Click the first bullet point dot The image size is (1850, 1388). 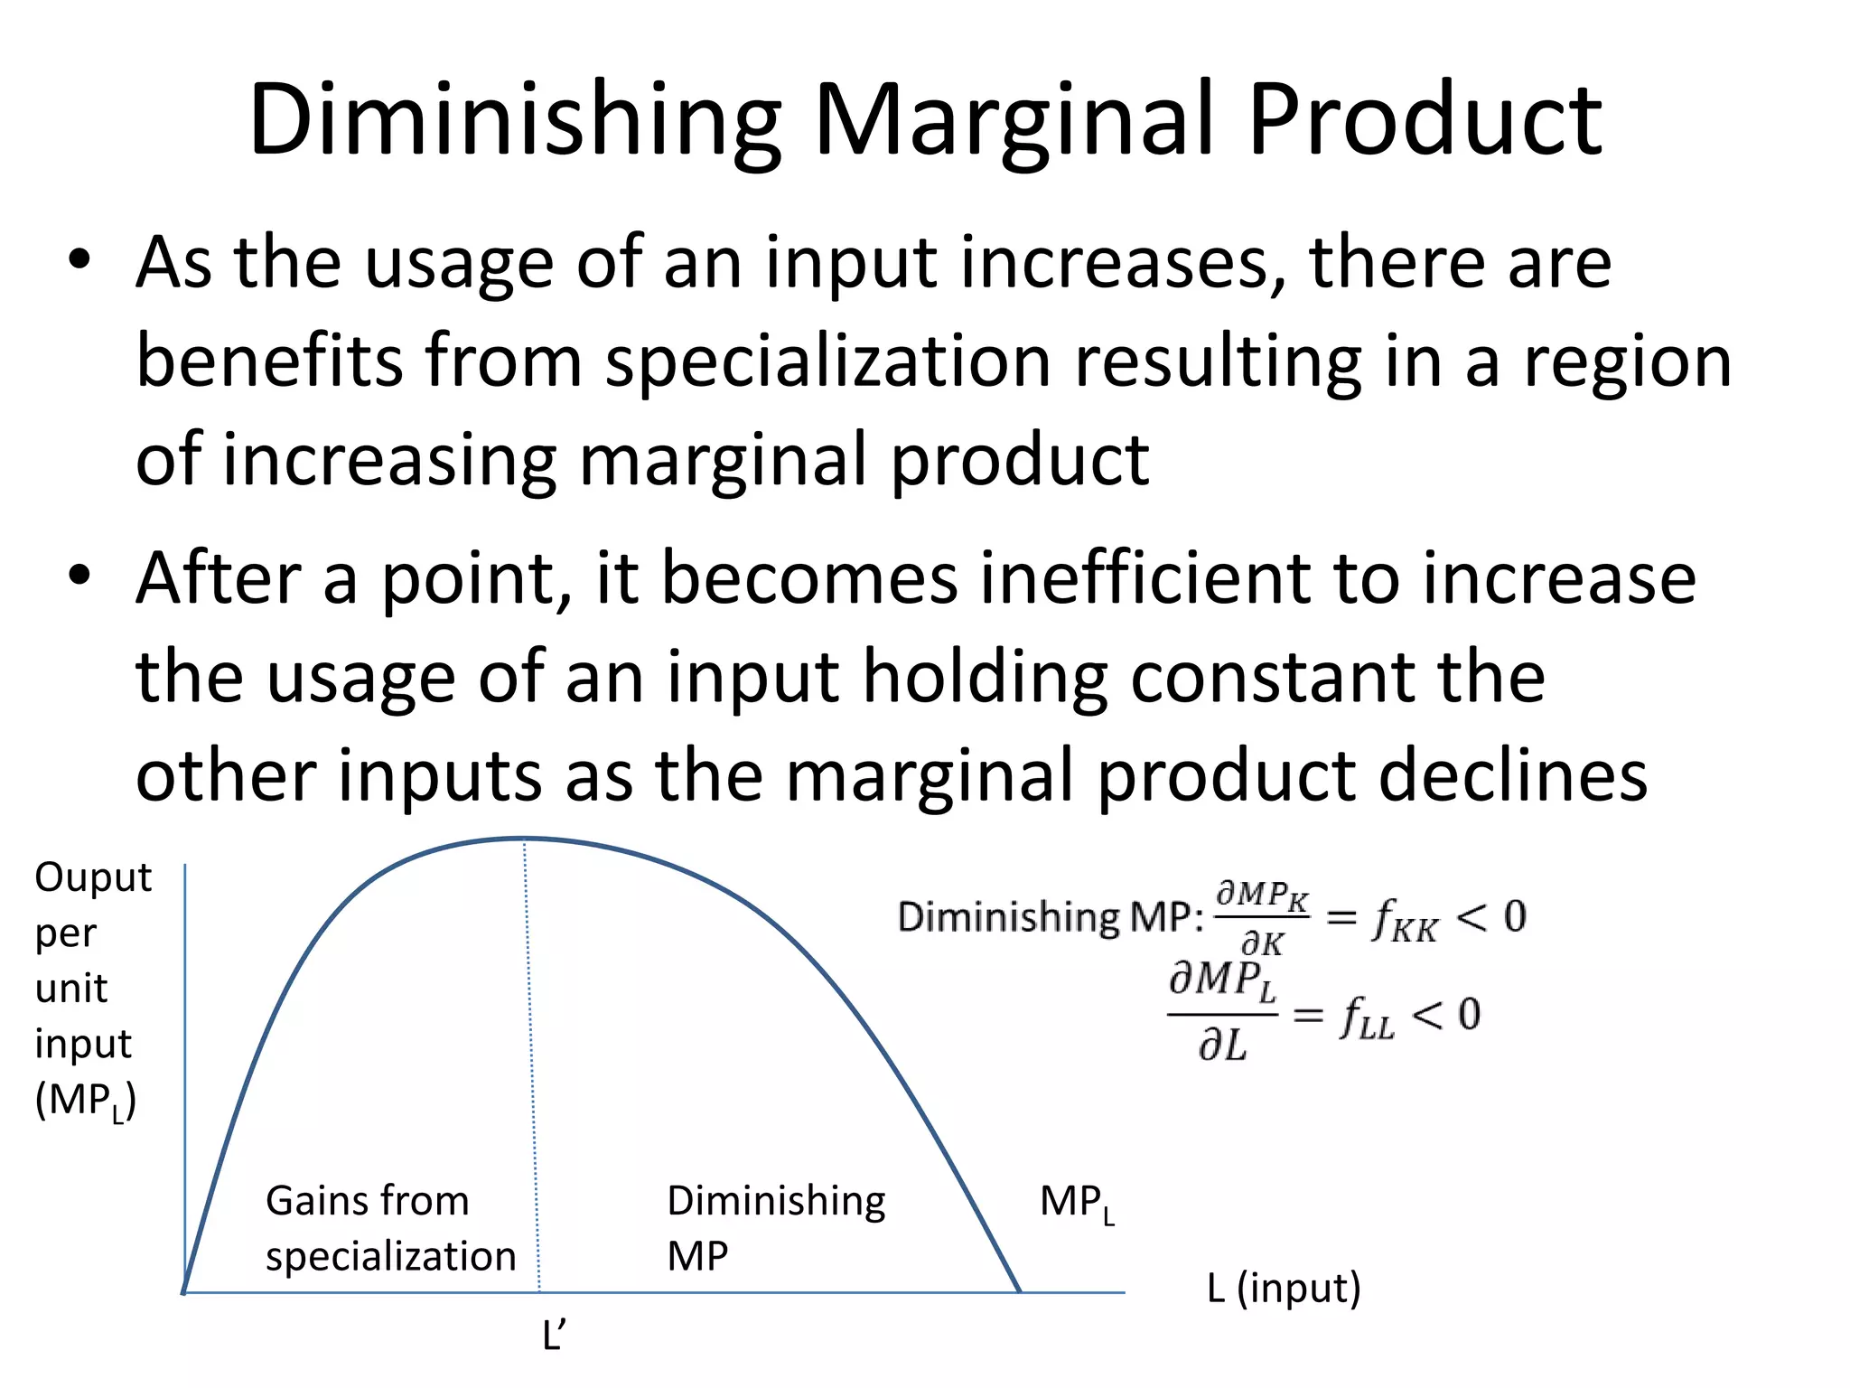coord(79,260)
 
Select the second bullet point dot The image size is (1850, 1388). coord(79,576)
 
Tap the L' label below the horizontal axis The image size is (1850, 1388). coord(553,1335)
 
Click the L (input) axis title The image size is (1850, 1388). coord(1283,1288)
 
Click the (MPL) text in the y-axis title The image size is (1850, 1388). coord(86,1102)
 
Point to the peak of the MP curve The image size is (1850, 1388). coord(525,839)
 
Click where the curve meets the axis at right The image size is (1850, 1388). coord(1020,1291)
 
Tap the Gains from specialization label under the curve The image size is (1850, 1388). coord(389,1228)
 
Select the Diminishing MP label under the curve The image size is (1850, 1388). coord(775,1228)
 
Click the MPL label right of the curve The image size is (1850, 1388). coord(1077,1204)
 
